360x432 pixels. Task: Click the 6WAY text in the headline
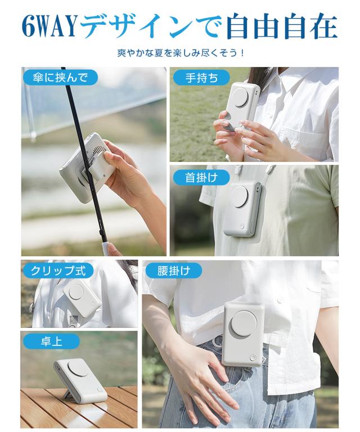(50, 26)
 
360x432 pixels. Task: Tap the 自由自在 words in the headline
(281, 26)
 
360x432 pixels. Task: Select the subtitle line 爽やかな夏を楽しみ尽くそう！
(180, 55)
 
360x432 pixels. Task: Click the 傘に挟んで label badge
(60, 77)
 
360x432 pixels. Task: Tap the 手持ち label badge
(202, 78)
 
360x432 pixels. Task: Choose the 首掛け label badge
(200, 178)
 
